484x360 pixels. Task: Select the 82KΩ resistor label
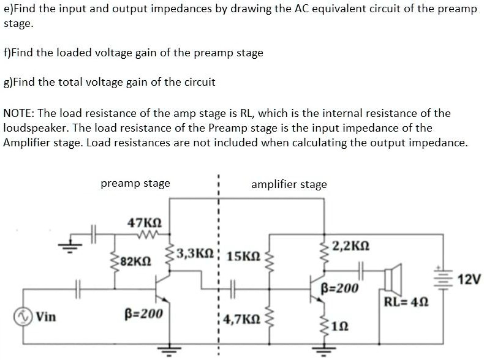point(135,261)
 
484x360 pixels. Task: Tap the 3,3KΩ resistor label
point(195,253)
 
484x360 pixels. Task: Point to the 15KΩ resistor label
point(243,255)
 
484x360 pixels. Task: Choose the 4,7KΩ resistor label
point(243,319)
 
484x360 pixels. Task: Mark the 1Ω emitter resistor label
point(340,326)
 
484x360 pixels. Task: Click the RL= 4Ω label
point(405,301)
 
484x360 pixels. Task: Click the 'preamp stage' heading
point(135,183)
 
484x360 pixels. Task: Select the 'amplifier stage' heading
point(289,184)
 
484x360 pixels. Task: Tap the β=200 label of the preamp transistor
point(143,314)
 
